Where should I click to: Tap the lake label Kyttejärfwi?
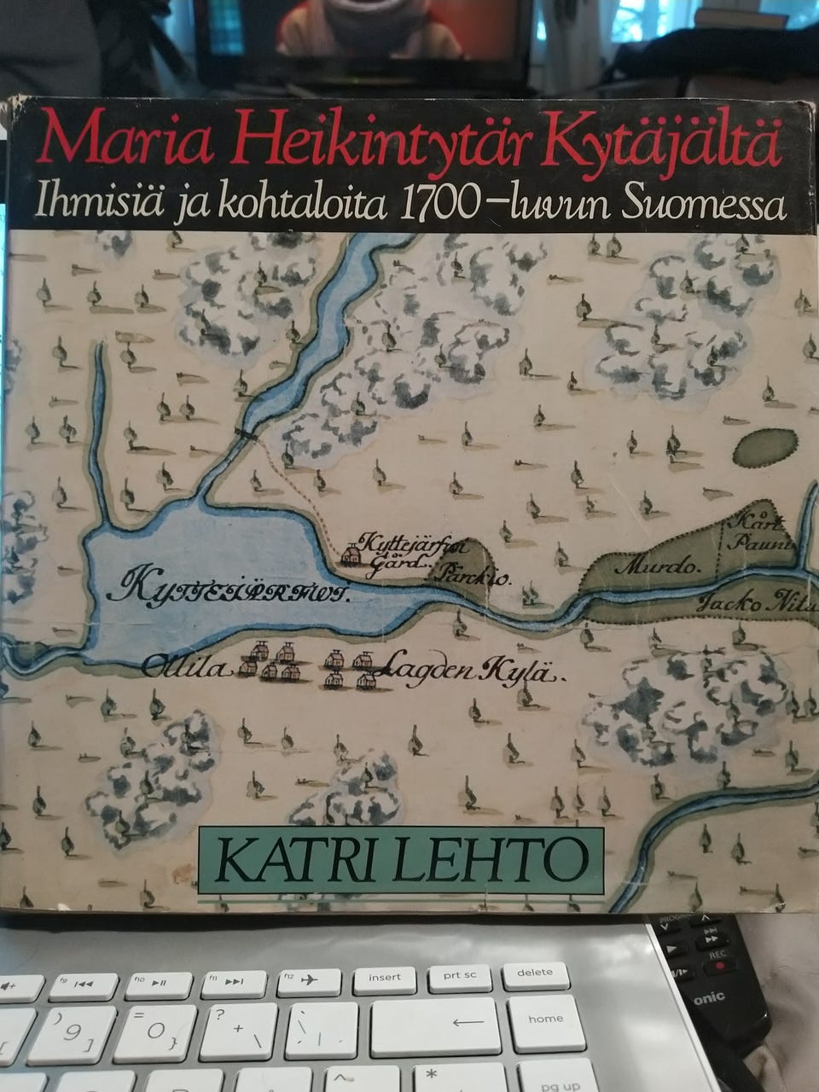pyautogui.click(x=234, y=589)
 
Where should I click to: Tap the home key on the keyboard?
pyautogui.click(x=544, y=1019)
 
